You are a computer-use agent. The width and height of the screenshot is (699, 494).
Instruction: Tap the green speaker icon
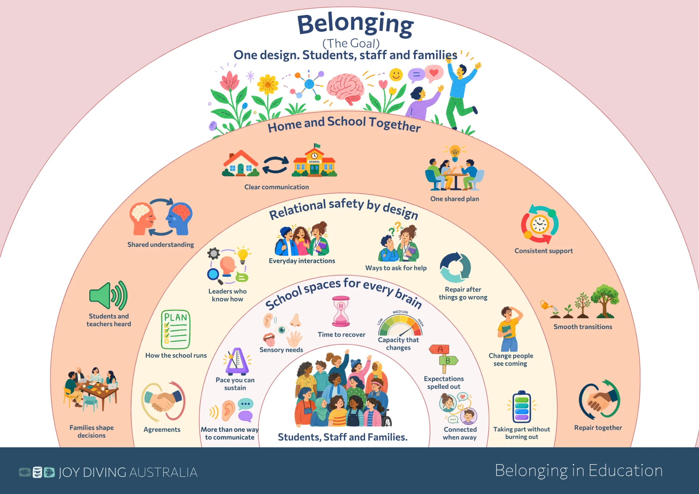coord(108,295)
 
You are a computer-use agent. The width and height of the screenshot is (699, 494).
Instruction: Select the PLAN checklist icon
coord(175,329)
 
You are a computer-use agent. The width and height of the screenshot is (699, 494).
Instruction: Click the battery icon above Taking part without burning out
coord(522,407)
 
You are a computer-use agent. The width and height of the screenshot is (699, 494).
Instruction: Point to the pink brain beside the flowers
coord(345,88)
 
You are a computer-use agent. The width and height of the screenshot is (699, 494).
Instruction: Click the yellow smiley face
coord(396,75)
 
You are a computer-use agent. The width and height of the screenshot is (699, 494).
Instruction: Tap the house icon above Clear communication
coord(240,163)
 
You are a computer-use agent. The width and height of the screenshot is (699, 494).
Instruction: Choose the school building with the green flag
coord(315,161)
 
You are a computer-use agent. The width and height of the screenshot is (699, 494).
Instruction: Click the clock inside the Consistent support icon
coord(540,224)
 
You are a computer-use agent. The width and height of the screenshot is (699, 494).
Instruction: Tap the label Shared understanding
coord(161,245)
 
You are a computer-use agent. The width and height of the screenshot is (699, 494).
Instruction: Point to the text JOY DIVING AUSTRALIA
coord(128,472)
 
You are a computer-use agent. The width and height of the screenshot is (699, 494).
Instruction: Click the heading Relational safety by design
coord(344,209)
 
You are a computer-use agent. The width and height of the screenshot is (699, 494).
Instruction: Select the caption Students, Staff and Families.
coord(343,437)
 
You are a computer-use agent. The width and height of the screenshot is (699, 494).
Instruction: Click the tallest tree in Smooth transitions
coord(605,301)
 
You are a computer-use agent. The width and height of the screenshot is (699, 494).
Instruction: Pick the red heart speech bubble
coord(434,73)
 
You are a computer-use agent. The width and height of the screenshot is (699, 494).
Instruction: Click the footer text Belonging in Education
coord(578,471)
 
